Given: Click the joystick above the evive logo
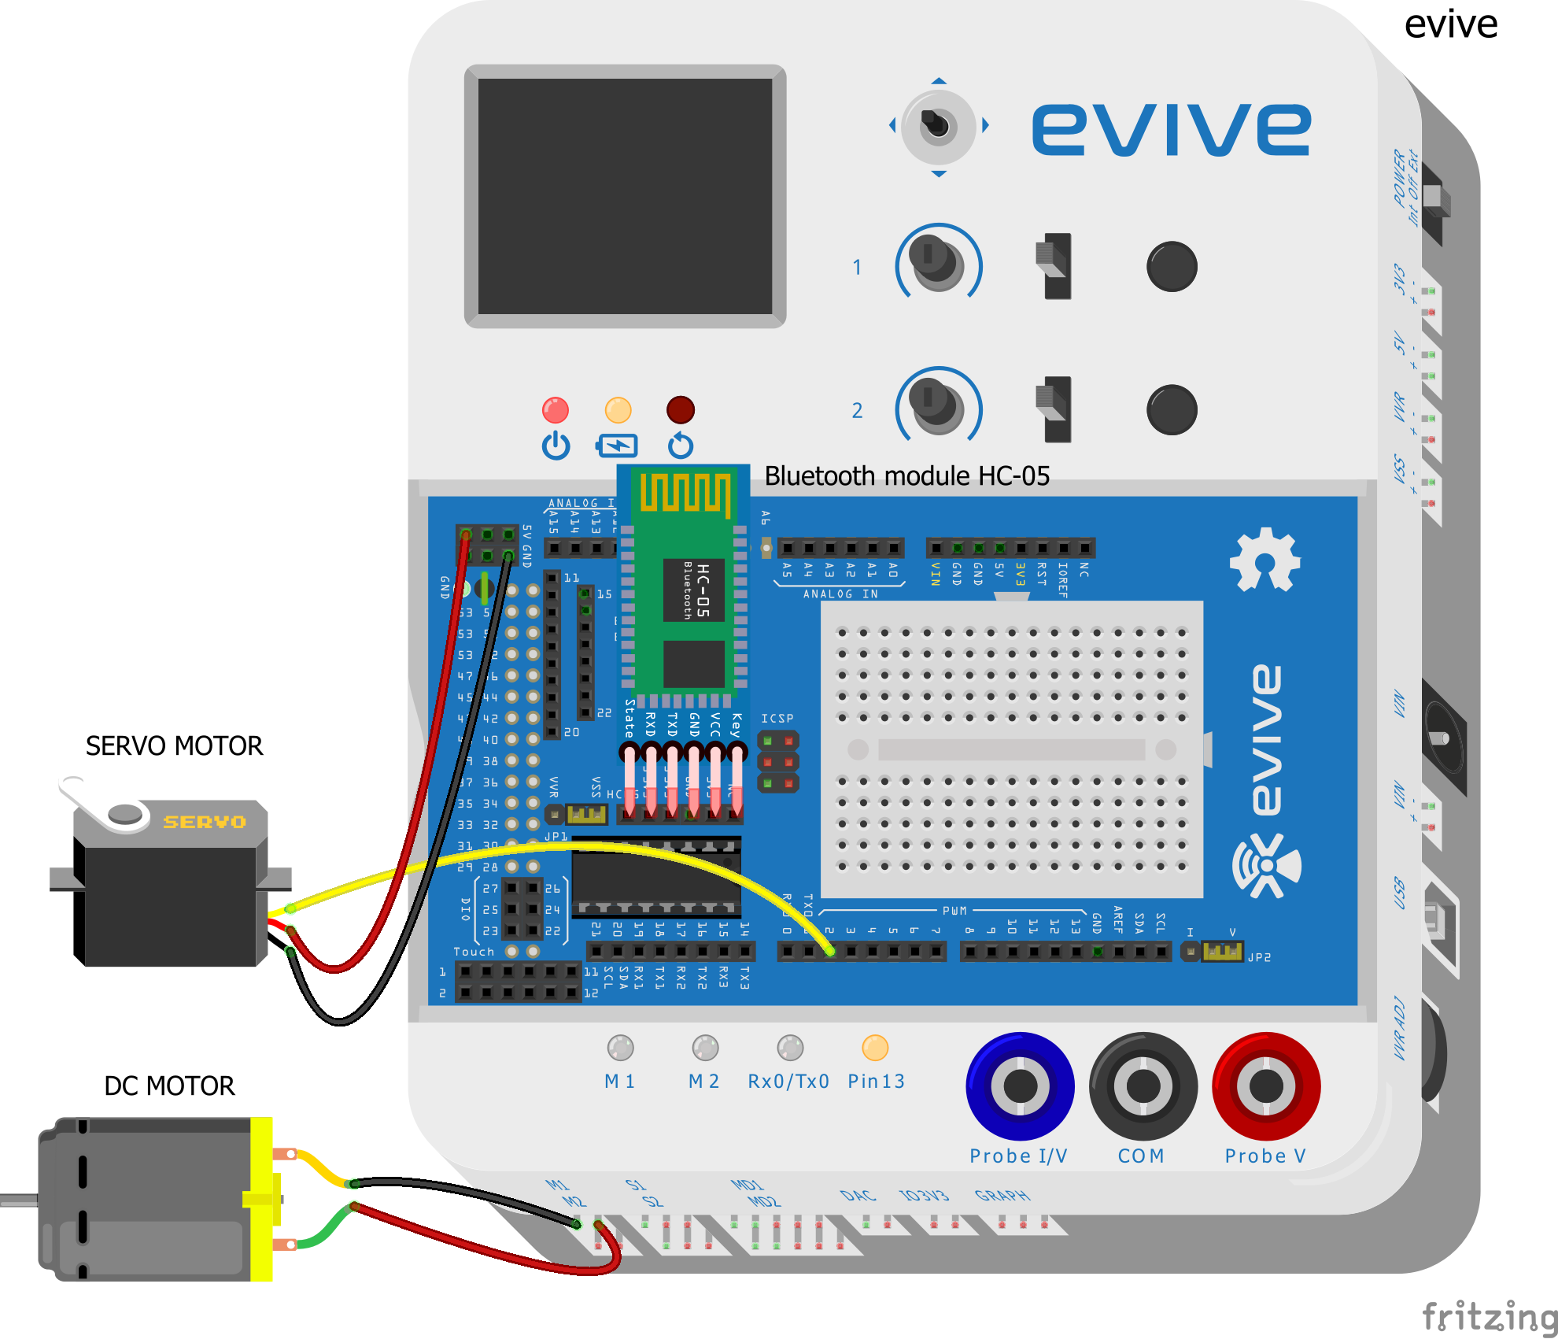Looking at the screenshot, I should [x=937, y=126].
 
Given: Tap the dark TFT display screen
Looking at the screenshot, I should [x=625, y=196].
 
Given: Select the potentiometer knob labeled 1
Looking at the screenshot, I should [x=936, y=261].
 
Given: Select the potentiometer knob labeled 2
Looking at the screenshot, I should [x=936, y=405].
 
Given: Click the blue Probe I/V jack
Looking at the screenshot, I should [x=1020, y=1086].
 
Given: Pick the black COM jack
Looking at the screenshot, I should [x=1143, y=1086].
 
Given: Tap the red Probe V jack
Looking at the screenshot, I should [x=1265, y=1086].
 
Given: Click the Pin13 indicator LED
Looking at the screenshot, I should [x=875, y=1048].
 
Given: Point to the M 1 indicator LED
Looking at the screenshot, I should [x=620, y=1048].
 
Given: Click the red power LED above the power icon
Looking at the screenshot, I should [x=556, y=410].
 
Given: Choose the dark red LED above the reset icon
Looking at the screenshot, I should [x=681, y=410].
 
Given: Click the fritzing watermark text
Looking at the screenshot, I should [x=1489, y=1315].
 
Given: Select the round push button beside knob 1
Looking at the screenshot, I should [x=1172, y=266].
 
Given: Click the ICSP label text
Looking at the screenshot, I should [x=777, y=718].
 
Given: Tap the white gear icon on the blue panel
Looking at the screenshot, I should [x=1264, y=560].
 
